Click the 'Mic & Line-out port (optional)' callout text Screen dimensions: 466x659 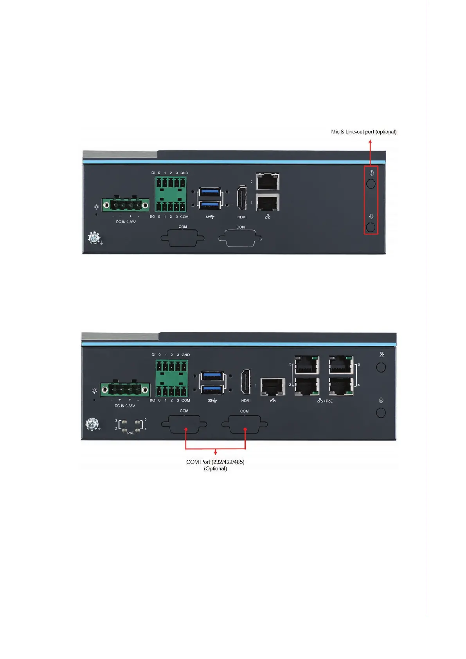pyautogui.click(x=363, y=132)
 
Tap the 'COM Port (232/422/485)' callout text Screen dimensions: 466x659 pyautogui.click(x=215, y=462)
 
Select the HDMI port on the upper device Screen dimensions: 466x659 pyautogui.click(x=241, y=198)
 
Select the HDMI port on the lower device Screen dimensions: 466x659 pyautogui.click(x=246, y=381)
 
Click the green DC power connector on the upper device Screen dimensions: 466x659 pyautogui.click(x=126, y=205)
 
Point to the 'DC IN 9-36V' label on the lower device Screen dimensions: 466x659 pyautogui.click(x=125, y=406)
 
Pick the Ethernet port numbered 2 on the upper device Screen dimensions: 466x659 pyautogui.click(x=268, y=182)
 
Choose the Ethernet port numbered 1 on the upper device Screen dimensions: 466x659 pyautogui.click(x=268, y=203)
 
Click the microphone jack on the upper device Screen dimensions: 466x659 pyautogui.click(x=370, y=227)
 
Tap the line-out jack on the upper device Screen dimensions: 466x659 pyautogui.click(x=370, y=184)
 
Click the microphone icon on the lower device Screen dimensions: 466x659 pyautogui.click(x=381, y=400)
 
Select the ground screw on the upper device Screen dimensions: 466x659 pyautogui.click(x=94, y=238)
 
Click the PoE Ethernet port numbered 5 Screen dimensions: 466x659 pyautogui.click(x=341, y=365)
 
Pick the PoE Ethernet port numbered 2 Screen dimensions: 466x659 pyautogui.click(x=307, y=386)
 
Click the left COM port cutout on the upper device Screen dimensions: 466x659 pyautogui.click(x=182, y=238)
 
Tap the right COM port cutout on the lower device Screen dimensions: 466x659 pyautogui.click(x=245, y=424)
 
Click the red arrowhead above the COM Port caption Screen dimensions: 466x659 pyautogui.click(x=216, y=453)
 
